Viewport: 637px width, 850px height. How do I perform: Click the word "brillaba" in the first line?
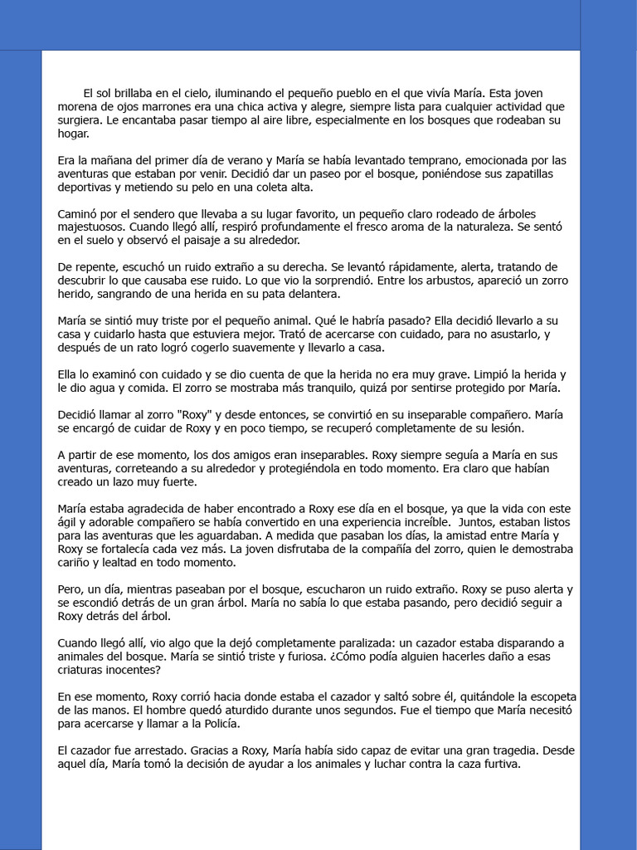click(139, 93)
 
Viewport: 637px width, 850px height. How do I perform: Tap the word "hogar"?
click(72, 133)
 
